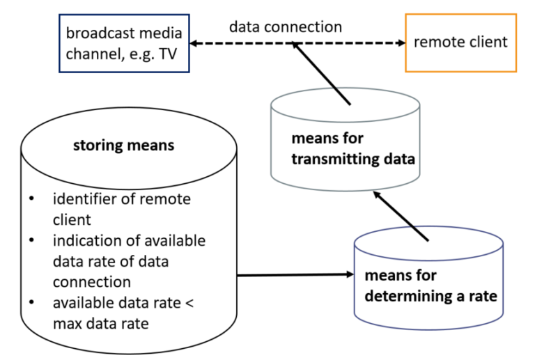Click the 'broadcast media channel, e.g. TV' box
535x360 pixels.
click(124, 43)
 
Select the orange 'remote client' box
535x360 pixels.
click(460, 42)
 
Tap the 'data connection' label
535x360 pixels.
click(286, 28)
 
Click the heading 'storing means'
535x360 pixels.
click(123, 146)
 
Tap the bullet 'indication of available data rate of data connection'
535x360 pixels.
click(129, 261)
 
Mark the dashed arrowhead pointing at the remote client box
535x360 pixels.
click(400, 43)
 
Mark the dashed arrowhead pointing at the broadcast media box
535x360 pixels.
click(196, 43)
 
